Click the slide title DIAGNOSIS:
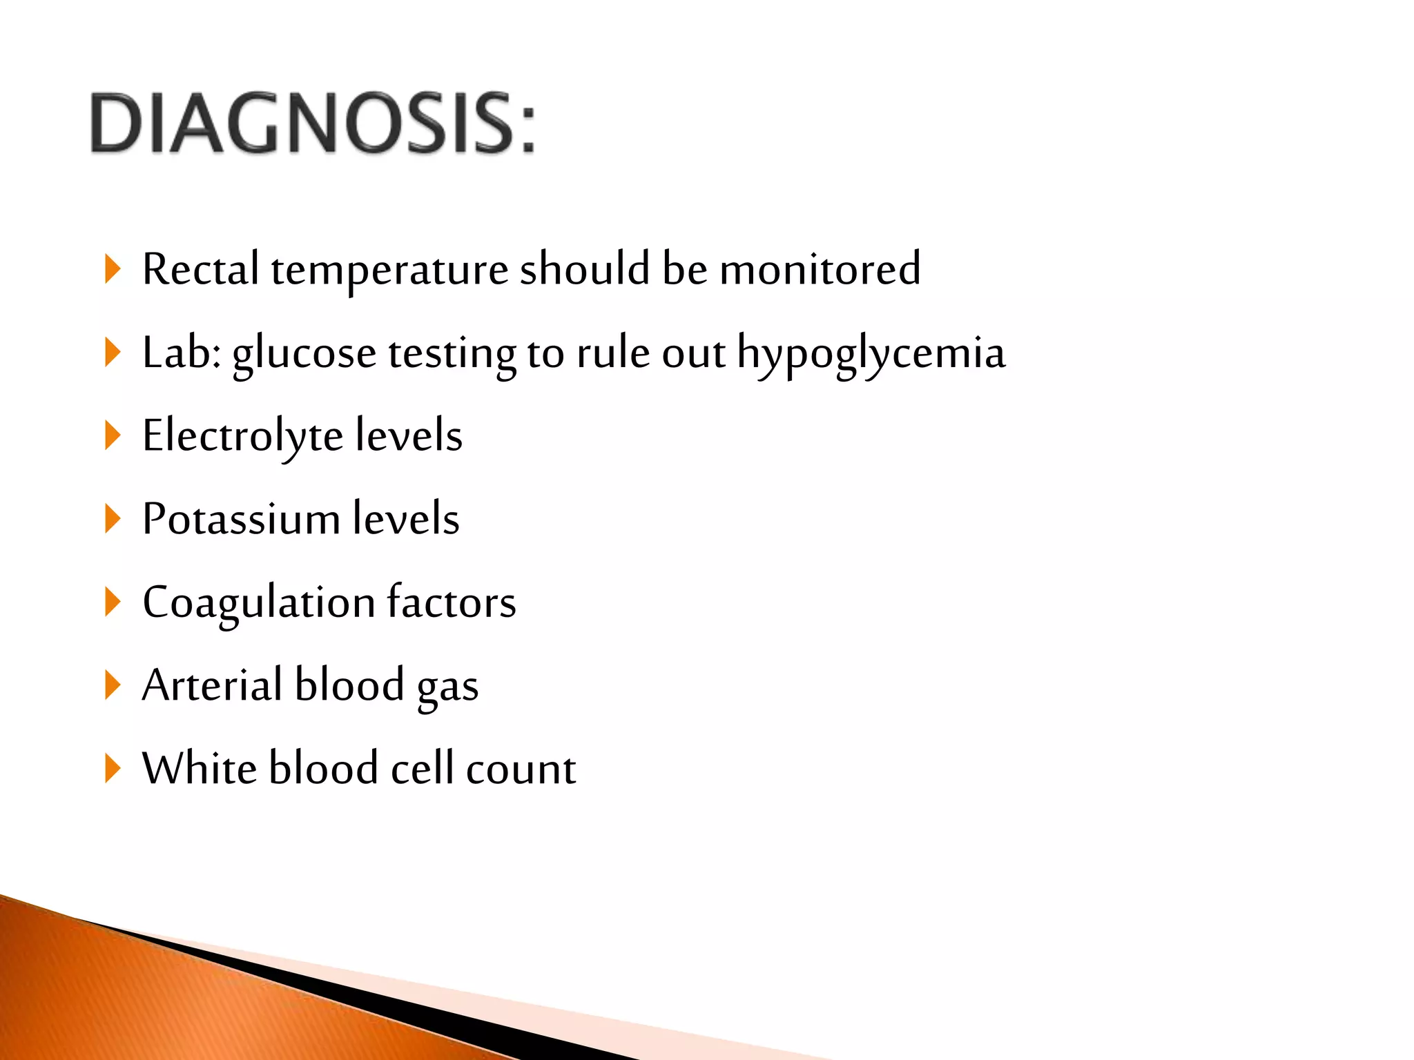312,123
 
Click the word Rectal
200,269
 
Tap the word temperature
389,271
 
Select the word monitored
820,269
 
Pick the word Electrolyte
242,437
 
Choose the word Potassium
241,519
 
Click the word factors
451,602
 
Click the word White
200,768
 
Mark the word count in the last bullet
521,769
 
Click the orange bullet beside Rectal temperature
113,269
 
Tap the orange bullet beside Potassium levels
113,519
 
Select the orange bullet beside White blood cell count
113,768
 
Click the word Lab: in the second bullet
182,353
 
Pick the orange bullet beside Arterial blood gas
113,685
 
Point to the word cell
422,768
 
